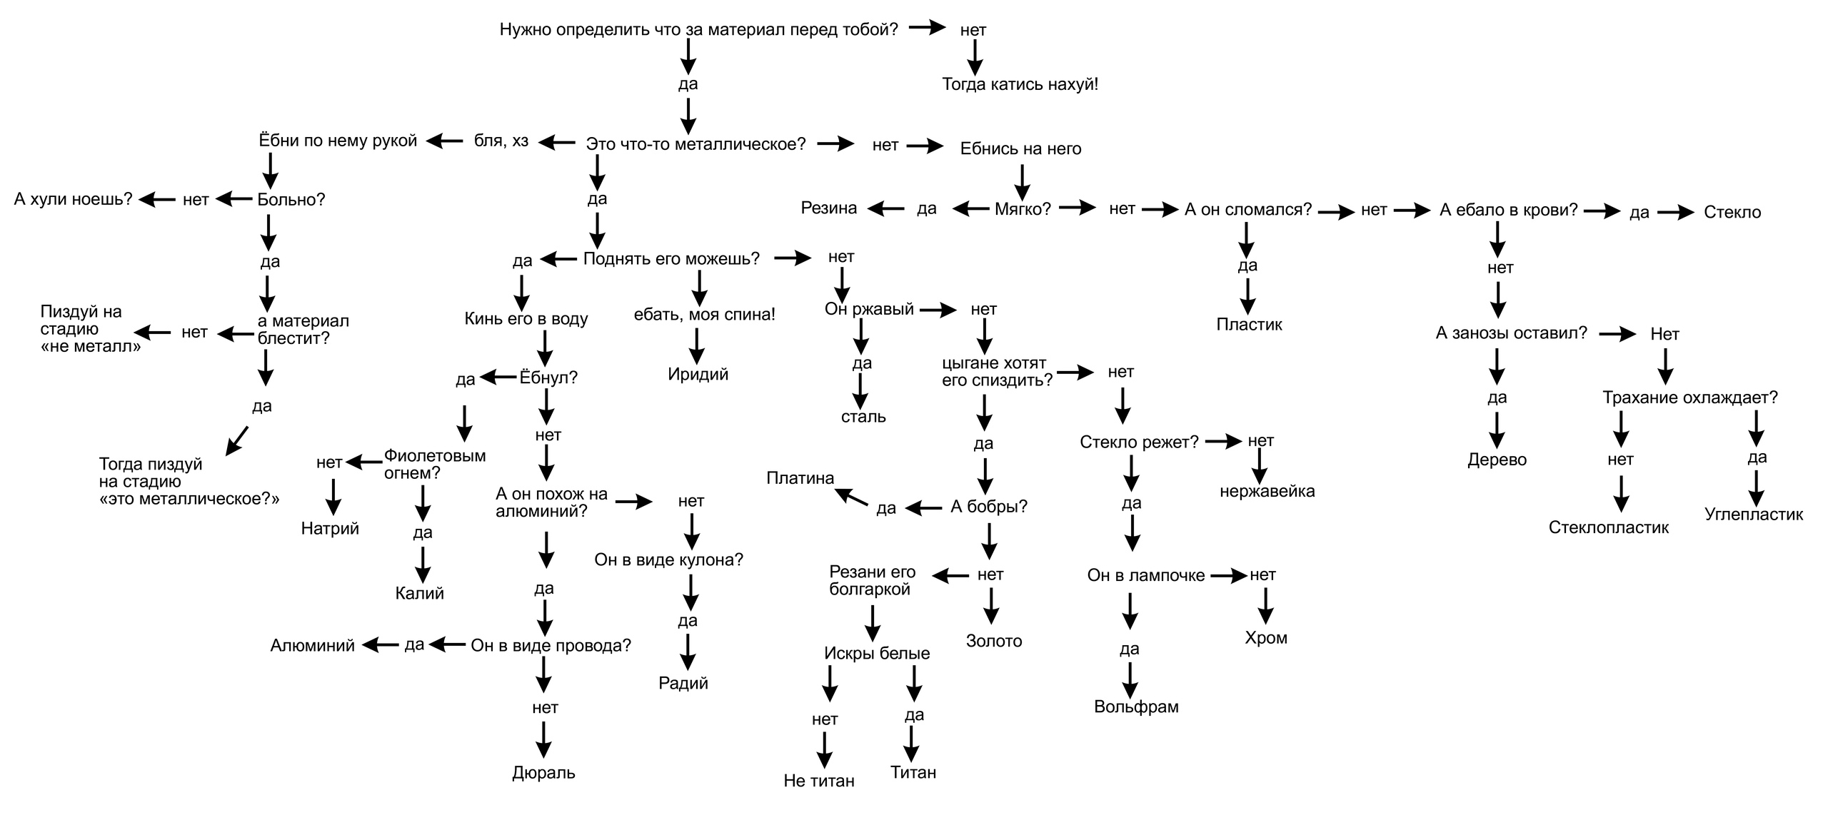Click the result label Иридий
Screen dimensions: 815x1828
[x=698, y=374]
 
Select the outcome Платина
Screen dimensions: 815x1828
[x=800, y=478]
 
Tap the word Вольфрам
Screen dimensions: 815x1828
[x=1136, y=707]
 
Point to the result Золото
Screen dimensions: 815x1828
[x=994, y=641]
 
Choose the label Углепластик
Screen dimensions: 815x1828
[x=1753, y=514]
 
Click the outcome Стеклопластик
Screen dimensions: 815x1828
[x=1609, y=527]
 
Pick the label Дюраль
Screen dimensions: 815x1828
[x=543, y=772]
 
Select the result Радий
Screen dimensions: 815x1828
[x=683, y=683]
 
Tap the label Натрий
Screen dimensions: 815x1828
[x=330, y=528]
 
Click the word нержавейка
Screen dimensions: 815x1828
[x=1267, y=491]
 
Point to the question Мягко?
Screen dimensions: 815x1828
[x=1023, y=209]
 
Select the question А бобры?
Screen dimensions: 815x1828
[x=989, y=507]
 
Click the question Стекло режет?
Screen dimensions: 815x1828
[x=1139, y=442]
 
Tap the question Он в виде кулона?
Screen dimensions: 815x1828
[x=668, y=560]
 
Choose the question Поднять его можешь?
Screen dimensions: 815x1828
[x=671, y=258]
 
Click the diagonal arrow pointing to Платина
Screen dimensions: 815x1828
[x=851, y=497]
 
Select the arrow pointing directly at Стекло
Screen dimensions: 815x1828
[x=1675, y=212]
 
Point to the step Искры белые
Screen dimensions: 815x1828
[x=877, y=653]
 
